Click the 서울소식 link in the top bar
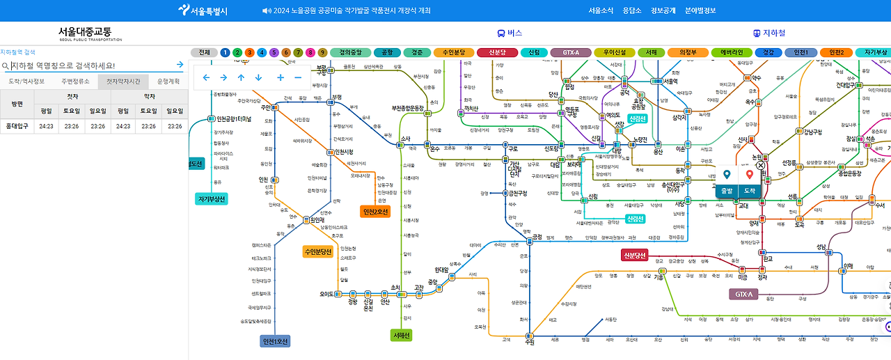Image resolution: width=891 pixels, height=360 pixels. coord(601,10)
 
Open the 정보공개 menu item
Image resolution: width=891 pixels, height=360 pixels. coord(663,10)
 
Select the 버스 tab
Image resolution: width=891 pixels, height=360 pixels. coord(510,33)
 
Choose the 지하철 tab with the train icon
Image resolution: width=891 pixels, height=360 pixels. coord(769,33)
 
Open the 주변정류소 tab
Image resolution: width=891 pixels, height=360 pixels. coord(75,81)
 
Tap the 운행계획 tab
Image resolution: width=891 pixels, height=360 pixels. coord(168,81)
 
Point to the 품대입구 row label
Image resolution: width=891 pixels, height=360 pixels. coord(17,127)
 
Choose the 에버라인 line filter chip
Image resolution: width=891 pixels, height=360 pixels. coord(736,52)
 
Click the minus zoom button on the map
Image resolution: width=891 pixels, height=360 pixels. coord(298,77)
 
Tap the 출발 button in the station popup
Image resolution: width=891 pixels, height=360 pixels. coord(727,189)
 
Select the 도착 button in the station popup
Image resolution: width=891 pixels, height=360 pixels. coord(750,189)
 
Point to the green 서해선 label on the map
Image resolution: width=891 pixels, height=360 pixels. coord(402,336)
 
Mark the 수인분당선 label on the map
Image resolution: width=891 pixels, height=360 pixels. coord(318,251)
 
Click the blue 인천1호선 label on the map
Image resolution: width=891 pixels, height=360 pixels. coord(275,341)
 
